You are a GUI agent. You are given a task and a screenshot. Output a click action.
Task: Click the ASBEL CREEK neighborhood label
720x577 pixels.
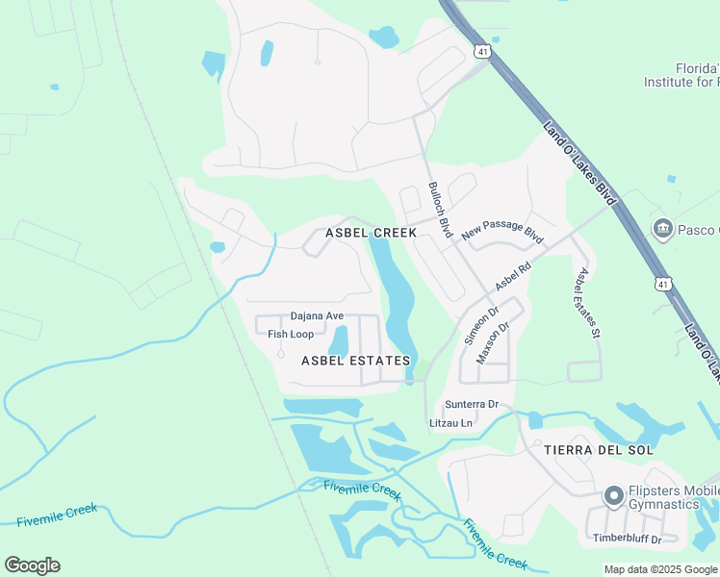[371, 233]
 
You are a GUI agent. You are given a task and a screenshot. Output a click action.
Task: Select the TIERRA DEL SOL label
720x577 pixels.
[599, 450]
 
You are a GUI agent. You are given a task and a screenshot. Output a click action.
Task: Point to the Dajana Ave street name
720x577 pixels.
[317, 315]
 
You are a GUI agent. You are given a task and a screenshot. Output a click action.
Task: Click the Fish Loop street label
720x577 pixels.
[291, 334]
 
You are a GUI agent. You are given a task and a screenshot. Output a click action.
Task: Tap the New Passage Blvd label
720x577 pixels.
[502, 230]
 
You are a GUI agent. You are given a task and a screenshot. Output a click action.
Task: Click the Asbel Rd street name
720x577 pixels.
[513, 277]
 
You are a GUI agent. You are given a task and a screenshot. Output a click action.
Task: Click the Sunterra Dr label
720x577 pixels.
[471, 404]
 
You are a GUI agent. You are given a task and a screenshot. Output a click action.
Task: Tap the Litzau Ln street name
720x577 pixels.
[450, 423]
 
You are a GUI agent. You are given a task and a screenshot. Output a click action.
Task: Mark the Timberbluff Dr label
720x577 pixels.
[627, 539]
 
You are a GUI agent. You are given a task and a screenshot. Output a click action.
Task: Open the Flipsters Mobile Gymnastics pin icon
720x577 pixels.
[613, 496]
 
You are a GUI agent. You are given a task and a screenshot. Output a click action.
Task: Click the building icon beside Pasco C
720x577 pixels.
[662, 229]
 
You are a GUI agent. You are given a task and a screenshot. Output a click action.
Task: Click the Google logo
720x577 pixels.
[32, 565]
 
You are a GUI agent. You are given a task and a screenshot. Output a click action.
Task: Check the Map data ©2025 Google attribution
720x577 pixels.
[659, 569]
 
